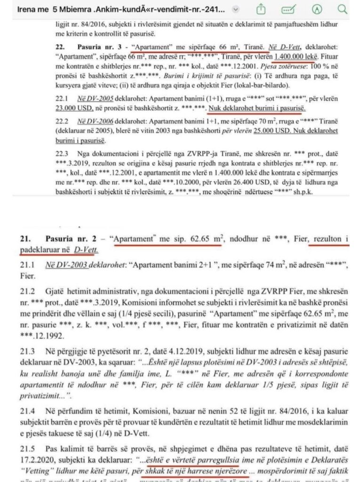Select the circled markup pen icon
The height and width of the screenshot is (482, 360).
click(320, 9)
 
